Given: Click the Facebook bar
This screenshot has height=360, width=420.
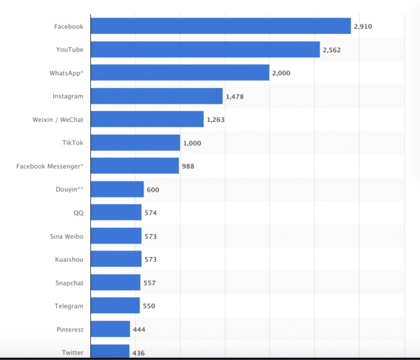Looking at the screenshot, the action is [221, 26].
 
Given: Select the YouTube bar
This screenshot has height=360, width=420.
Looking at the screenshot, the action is [205, 49].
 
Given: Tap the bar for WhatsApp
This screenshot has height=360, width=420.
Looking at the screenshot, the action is [180, 72].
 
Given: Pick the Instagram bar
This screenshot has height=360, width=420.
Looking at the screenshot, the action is [156, 96].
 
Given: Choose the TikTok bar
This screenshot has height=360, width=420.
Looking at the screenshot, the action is [135, 143].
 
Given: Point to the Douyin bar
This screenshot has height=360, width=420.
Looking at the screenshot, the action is [117, 189].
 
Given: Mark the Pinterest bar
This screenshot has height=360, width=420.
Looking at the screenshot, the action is [110, 329].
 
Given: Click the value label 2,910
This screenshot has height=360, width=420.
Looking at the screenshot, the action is [363, 26].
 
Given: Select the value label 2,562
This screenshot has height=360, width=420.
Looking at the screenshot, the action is [332, 50].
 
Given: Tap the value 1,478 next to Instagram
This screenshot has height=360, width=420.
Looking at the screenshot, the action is [234, 97].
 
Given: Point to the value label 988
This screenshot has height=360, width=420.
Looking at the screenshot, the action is [188, 166].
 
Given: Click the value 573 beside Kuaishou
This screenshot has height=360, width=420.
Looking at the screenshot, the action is [150, 259].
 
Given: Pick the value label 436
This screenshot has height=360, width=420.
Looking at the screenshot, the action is [138, 353].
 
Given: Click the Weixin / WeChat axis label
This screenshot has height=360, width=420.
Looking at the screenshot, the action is [58, 120].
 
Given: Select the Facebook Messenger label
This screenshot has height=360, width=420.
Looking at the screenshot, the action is [50, 166].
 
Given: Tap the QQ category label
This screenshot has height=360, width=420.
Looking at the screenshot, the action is [79, 213].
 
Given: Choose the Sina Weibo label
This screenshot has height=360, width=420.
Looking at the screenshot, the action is [66, 236].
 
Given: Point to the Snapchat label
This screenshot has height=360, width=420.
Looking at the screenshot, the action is [69, 283].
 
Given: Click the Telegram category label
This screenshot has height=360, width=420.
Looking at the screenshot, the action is [69, 306].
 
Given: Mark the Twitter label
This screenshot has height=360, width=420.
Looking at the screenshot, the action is [72, 353].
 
